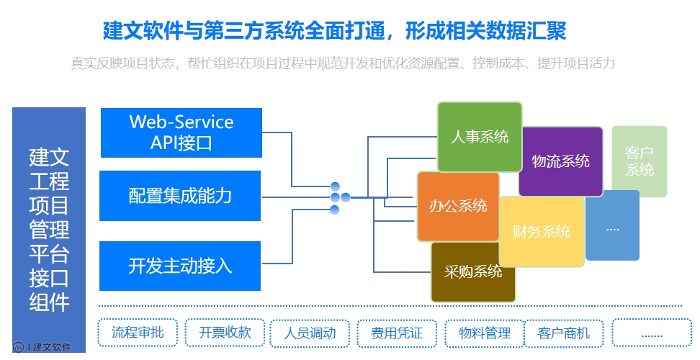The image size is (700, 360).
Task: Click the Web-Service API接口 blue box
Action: tap(181, 132)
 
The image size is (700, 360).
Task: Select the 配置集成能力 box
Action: tap(181, 196)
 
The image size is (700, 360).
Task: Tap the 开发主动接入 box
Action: tap(181, 266)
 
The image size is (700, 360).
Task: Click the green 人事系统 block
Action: tap(479, 136)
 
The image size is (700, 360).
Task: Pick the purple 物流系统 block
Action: tap(561, 161)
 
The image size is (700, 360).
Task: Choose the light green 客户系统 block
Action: tap(639, 161)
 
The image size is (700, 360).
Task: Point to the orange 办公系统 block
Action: tap(458, 206)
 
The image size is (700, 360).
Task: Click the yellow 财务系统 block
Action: tap(542, 231)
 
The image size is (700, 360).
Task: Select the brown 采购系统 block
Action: tap(473, 272)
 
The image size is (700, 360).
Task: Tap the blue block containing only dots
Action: tap(612, 226)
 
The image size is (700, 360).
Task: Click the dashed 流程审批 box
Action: tap(138, 333)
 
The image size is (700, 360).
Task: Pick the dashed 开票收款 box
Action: tap(225, 333)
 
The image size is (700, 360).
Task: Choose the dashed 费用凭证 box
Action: tap(397, 333)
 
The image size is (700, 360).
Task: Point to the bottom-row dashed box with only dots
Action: tap(651, 333)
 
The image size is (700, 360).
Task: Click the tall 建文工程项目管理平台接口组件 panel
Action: tap(49, 223)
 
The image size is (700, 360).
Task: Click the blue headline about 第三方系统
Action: tap(335, 31)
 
